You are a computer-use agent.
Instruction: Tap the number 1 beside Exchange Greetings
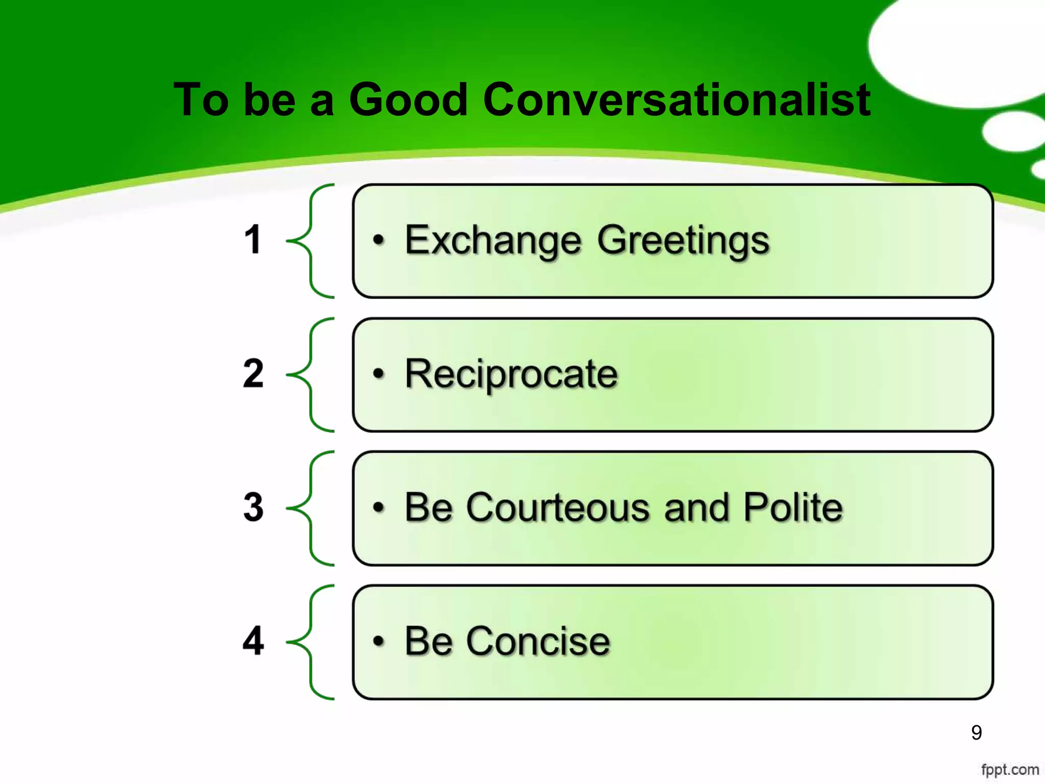pos(253,239)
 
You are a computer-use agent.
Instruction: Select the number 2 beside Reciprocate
pos(253,374)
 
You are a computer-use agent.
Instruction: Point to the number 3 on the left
pos(253,507)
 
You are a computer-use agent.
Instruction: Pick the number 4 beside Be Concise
pos(253,641)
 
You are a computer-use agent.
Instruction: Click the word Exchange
pos(493,240)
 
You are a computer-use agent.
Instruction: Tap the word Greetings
pos(683,240)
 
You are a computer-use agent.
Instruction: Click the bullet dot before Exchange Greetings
pos(378,239)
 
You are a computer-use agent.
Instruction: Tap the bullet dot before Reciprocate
pos(378,374)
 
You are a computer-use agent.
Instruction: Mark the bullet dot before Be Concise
pos(378,641)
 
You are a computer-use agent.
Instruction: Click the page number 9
pos(976,732)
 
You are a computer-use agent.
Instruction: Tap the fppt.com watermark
pos(1010,769)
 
